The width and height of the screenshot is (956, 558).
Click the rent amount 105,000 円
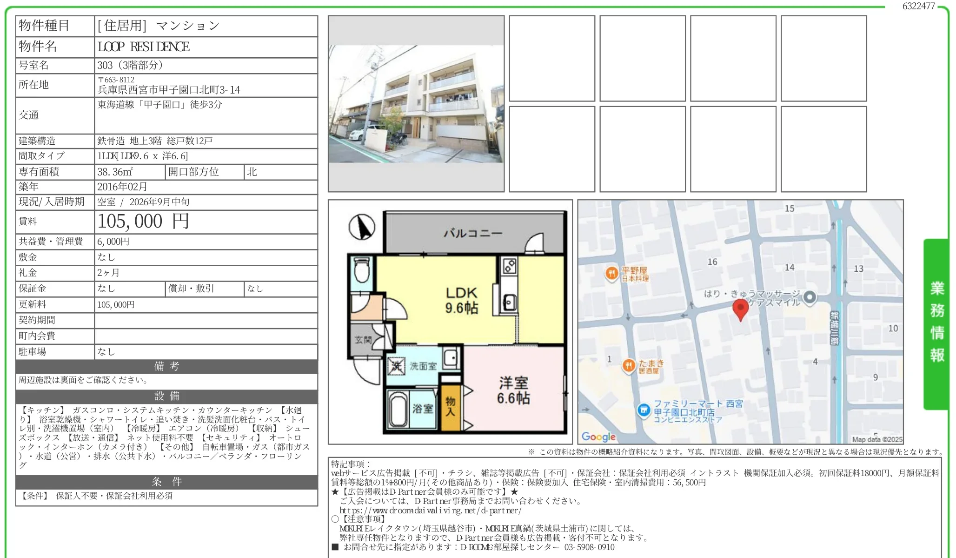tap(143, 222)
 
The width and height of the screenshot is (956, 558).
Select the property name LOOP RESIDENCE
tap(144, 47)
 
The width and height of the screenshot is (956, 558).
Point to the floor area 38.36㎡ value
tap(115, 172)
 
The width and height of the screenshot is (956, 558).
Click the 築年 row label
tap(28, 187)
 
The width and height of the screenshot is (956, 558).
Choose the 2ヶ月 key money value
tap(108, 273)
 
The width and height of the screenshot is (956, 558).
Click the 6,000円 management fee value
tap(113, 242)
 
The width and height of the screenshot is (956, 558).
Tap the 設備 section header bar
tap(166, 397)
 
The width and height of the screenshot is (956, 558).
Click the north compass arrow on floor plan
tap(362, 227)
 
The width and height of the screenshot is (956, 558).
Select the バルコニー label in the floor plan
tap(472, 233)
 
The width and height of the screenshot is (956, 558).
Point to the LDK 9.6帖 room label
tap(461, 300)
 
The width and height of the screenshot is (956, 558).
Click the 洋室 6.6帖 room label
tap(513, 390)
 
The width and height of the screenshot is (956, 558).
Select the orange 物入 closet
tap(450, 407)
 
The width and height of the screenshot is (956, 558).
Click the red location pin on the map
tap(741, 309)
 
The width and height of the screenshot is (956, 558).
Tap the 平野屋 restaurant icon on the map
tap(611, 273)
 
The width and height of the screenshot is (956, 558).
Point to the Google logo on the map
tap(598, 437)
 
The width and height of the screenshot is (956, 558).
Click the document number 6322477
tap(918, 6)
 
